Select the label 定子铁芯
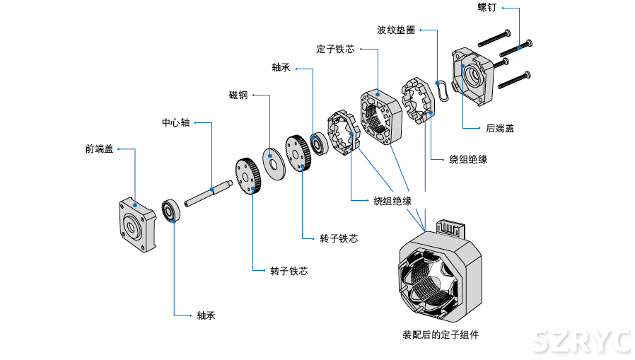335,50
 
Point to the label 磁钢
238,95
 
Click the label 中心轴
175,122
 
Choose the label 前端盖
99,149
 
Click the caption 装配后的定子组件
441,335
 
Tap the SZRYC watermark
581,342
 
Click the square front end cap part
136,224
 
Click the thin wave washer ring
443,91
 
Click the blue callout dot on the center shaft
213,190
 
